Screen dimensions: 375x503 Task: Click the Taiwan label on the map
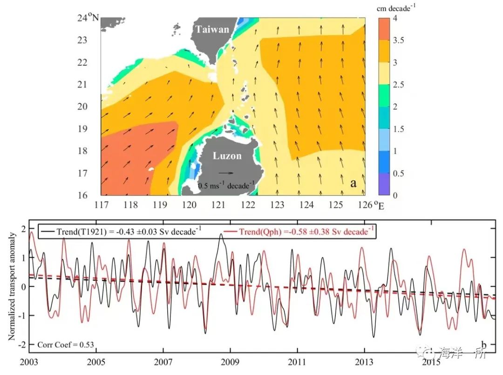[212, 30]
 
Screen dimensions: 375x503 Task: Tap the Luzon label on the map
[227, 156]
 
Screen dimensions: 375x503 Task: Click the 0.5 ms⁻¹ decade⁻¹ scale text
[226, 185]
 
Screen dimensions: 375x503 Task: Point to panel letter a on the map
[353, 183]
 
